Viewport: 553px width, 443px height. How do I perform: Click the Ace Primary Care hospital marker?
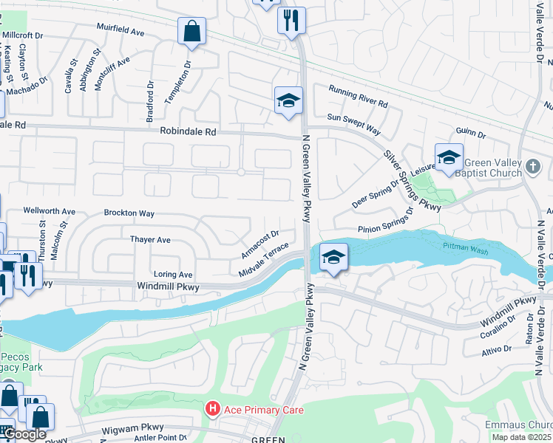[x=213, y=408]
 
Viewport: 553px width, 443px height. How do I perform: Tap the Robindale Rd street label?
[x=188, y=131]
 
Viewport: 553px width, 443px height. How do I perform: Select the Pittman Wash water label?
[x=465, y=249]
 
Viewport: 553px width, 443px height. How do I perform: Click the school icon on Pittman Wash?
[x=334, y=258]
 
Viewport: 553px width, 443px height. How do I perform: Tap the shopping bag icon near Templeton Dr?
[x=191, y=32]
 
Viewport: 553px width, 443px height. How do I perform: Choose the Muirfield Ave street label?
[x=121, y=30]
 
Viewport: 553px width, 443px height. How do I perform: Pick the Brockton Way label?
[x=129, y=213]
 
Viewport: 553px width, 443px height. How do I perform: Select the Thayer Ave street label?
[x=150, y=240]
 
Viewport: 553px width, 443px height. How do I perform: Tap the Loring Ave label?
[x=172, y=274]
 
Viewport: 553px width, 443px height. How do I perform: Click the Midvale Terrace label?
[x=263, y=262]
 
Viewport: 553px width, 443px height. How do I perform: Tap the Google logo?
[x=24, y=434]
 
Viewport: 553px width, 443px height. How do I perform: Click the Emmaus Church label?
[x=518, y=425]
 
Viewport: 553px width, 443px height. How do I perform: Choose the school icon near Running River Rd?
[x=288, y=100]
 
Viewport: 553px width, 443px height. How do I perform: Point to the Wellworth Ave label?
[x=50, y=211]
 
